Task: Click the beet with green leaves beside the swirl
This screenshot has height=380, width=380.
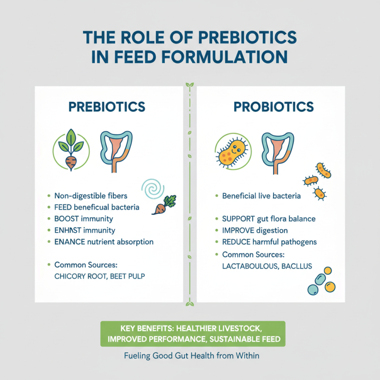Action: click(x=162, y=205)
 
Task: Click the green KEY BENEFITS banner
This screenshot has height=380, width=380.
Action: click(x=193, y=333)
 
